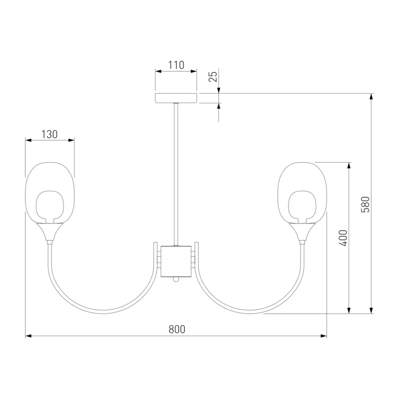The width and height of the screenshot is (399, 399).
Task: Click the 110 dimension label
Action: coord(176,65)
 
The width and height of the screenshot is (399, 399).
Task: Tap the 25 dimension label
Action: coord(213,76)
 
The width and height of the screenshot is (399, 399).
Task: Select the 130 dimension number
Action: coord(49,134)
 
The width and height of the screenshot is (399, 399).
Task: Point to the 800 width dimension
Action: coord(177,329)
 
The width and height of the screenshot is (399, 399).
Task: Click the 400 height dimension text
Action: coord(343,238)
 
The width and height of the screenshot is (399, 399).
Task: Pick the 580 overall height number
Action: coord(366,204)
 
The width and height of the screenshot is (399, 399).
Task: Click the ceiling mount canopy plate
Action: coord(176,98)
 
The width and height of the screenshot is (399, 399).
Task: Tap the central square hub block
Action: coord(176,261)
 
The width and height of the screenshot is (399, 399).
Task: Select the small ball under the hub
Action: coord(176,279)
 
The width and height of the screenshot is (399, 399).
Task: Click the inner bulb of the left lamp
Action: coord(49,206)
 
